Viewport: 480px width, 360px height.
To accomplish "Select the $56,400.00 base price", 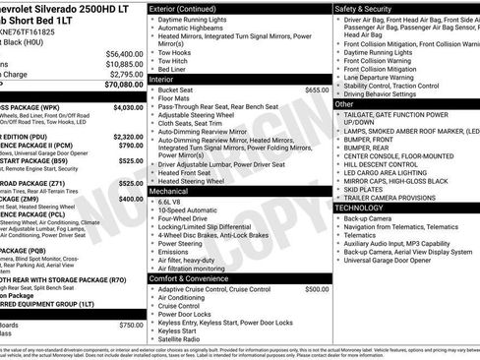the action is [124, 54].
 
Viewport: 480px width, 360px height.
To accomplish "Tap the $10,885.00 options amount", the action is [124, 64].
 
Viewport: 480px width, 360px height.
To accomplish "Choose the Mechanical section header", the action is [174, 192].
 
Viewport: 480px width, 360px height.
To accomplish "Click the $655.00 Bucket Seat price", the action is [317, 90].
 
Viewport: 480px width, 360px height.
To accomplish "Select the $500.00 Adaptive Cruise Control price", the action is [317, 289].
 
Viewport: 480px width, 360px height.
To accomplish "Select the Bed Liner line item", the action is [173, 70].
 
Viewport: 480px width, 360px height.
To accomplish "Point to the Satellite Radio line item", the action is [184, 340].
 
